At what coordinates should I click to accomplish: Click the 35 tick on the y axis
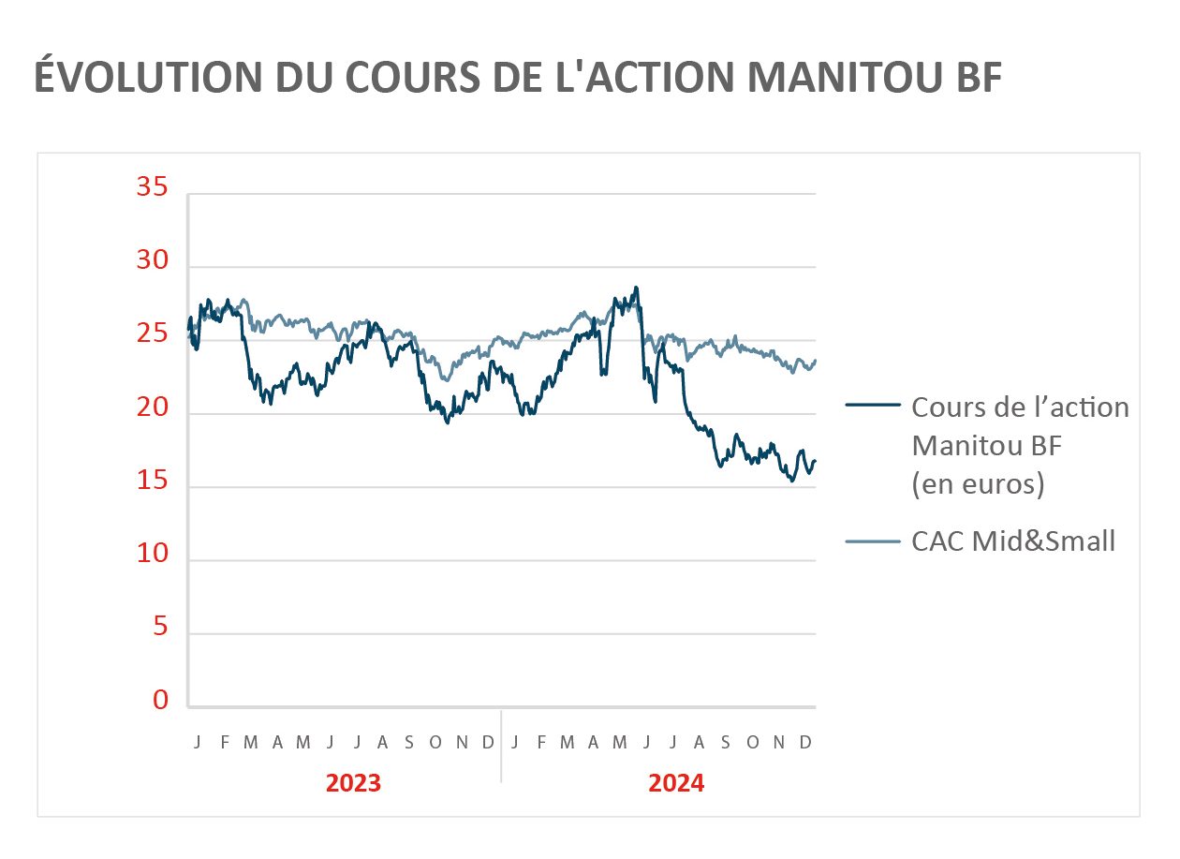152,188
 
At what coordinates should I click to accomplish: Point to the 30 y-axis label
152,261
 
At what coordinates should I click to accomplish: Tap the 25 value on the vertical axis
152,334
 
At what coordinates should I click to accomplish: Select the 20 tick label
152,408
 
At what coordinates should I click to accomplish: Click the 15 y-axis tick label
152,481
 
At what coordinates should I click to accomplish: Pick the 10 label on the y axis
152,555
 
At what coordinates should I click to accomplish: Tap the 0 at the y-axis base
160,702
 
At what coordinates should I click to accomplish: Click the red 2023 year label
353,783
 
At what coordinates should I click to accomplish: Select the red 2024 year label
676,783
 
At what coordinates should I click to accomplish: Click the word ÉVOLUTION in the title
146,77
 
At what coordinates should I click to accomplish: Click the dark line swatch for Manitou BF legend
872,406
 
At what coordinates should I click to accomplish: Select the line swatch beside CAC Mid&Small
872,541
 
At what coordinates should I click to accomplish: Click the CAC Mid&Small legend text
1013,541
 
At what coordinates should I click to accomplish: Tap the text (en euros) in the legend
978,485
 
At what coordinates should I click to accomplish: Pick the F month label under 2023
225,743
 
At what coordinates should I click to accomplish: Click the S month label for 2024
726,743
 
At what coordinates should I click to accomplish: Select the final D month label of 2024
805,743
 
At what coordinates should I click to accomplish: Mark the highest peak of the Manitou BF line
637,288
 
